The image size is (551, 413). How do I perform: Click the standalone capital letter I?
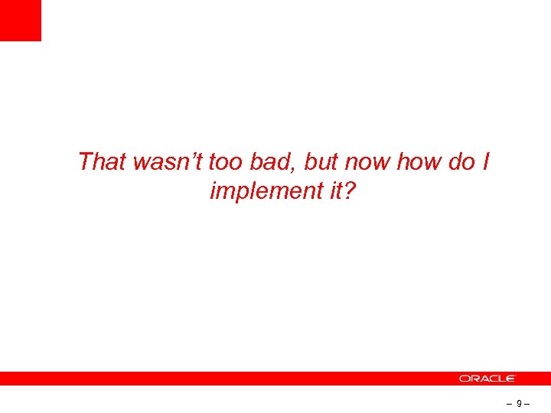pyautogui.click(x=486, y=162)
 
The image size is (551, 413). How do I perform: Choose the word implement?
pyautogui.click(x=257, y=191)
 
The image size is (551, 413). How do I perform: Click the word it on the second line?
pyautogui.click(x=324, y=191)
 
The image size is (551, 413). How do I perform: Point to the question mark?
pyautogui.click(x=348, y=191)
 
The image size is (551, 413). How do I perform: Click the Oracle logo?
pyautogui.click(x=487, y=379)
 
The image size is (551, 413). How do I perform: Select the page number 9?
pyautogui.click(x=520, y=403)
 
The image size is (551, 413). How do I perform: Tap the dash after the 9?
pyautogui.click(x=528, y=403)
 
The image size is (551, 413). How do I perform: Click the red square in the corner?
pyautogui.click(x=20, y=20)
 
